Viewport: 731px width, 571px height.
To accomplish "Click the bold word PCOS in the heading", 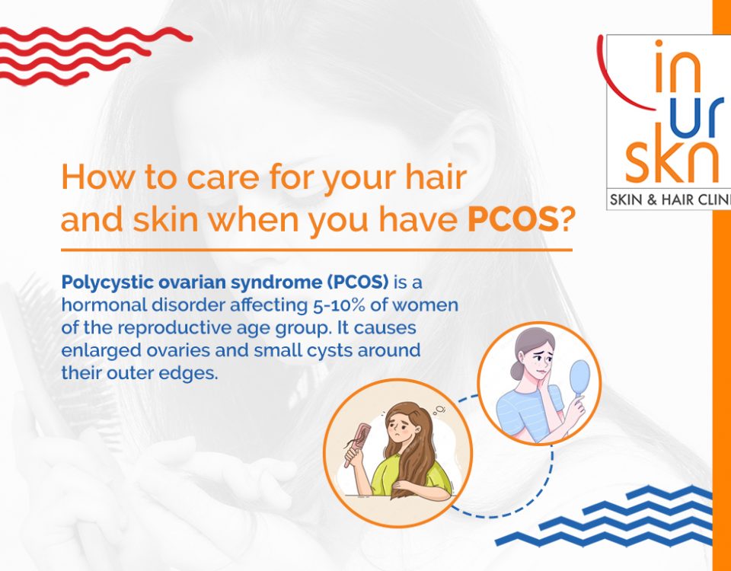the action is click(512, 221).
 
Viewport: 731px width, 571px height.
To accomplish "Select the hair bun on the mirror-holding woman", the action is click(517, 371).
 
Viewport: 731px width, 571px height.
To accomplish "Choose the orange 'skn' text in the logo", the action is click(672, 155).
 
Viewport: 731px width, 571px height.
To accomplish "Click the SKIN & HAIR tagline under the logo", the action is click(669, 200).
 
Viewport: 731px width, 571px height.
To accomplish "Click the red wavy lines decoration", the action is click(93, 56).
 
